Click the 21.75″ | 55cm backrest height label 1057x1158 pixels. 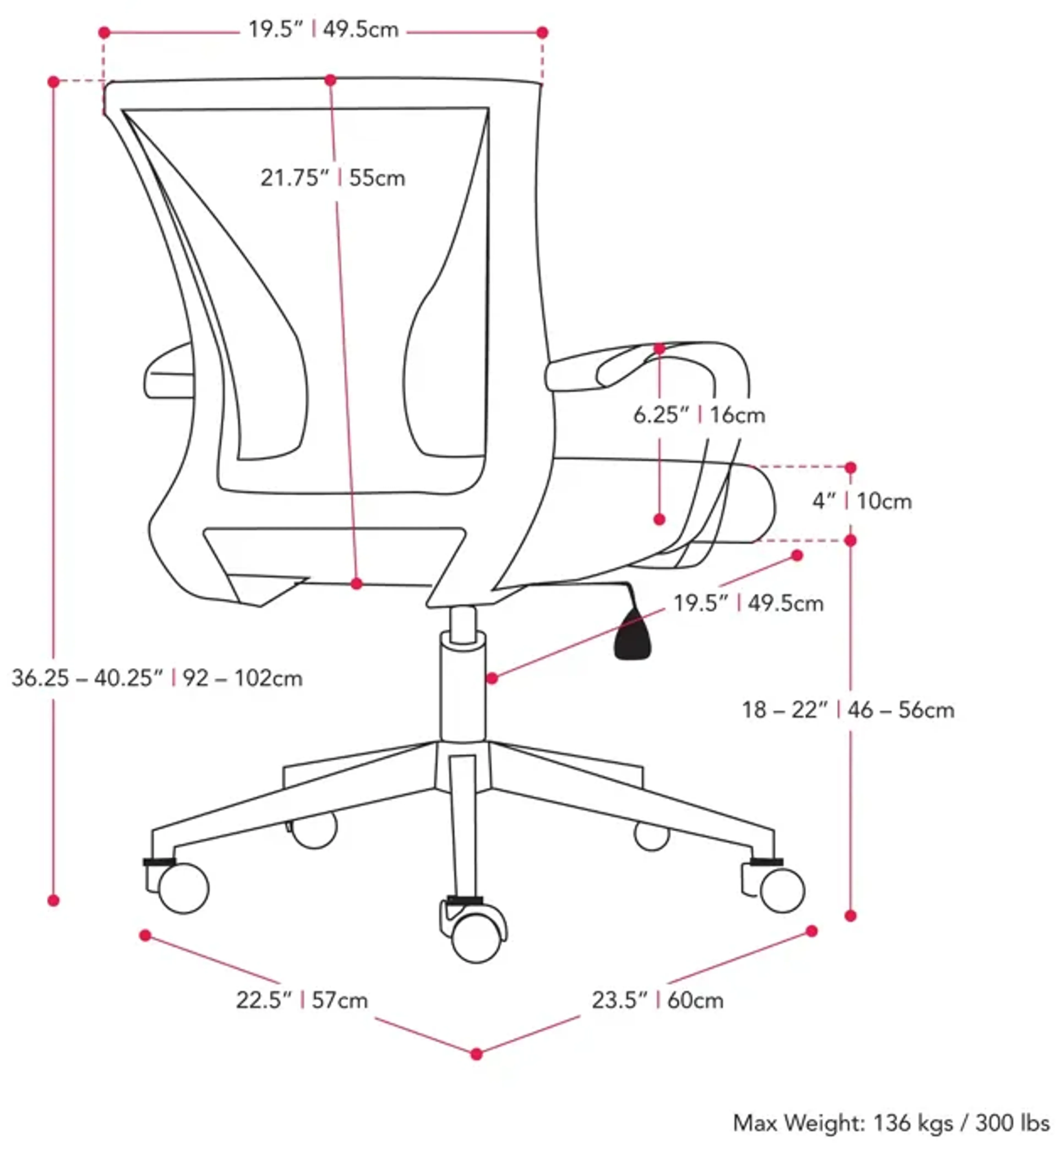(x=333, y=178)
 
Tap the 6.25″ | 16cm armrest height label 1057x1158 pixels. (x=699, y=415)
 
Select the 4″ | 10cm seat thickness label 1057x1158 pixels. (x=861, y=501)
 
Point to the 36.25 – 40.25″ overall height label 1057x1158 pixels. (x=156, y=678)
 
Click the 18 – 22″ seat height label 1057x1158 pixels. (x=847, y=711)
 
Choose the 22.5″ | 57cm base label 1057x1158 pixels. (x=302, y=1000)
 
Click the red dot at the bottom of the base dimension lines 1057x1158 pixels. (x=476, y=1054)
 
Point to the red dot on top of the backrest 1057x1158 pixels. (x=330, y=80)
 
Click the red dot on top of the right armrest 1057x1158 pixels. (x=660, y=349)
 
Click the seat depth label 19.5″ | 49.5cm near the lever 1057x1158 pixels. (x=748, y=604)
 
